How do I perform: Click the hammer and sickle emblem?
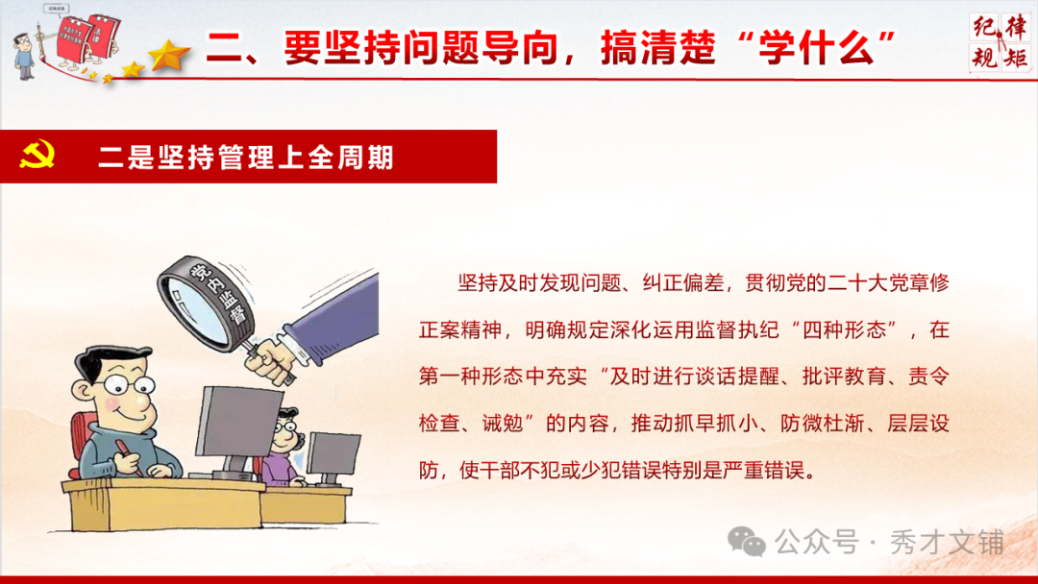coord(37,157)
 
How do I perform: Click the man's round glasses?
coord(128,390)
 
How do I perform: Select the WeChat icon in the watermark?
coord(747,542)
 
